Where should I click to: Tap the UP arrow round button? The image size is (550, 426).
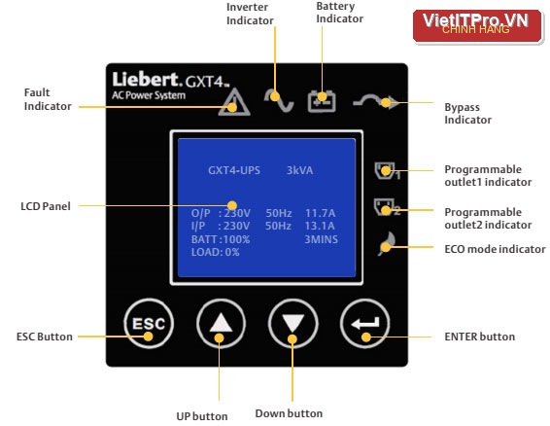point(221,323)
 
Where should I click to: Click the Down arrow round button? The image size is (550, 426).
point(292,323)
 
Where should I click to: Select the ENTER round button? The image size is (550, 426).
point(364,323)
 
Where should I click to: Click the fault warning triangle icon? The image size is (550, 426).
point(234,102)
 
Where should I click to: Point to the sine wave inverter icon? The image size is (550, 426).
point(279,101)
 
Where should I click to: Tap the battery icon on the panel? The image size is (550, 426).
point(322,102)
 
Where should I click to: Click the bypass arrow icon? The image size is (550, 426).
point(376,102)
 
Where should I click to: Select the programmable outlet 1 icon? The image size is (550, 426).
point(387,170)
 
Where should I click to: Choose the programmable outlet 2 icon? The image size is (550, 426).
point(387,207)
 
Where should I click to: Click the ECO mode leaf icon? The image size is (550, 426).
point(388,243)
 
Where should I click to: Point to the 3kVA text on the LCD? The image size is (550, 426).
point(299,170)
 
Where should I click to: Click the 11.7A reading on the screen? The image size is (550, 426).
point(321,213)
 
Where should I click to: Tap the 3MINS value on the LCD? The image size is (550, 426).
point(321,239)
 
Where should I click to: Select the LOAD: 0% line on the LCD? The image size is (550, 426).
point(216,252)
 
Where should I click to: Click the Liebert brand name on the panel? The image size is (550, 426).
point(146,80)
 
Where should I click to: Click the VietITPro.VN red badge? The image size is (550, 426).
point(477,25)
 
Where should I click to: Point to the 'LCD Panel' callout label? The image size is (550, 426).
point(46,206)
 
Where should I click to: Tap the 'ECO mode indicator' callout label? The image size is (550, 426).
point(495,249)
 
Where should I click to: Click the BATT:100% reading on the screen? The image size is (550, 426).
point(221,239)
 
